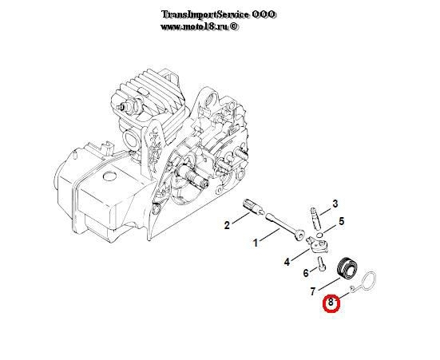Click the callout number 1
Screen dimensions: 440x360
[256, 243]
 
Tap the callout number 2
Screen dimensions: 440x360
[227, 225]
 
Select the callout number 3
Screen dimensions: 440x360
[335, 204]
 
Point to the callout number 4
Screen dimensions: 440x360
[287, 262]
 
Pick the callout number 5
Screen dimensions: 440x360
[341, 221]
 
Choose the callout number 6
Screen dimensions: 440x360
[306, 272]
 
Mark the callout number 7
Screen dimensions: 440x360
[313, 291]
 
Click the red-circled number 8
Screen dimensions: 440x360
[331, 303]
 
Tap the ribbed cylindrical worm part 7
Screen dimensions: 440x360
[347, 267]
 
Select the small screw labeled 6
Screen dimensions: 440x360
[322, 263]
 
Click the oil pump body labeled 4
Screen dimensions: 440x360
[317, 245]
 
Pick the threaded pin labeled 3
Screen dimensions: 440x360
[315, 218]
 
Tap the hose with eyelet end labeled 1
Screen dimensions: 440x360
[286, 226]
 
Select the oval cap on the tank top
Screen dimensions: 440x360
[109, 176]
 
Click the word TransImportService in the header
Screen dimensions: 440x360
[205, 14]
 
